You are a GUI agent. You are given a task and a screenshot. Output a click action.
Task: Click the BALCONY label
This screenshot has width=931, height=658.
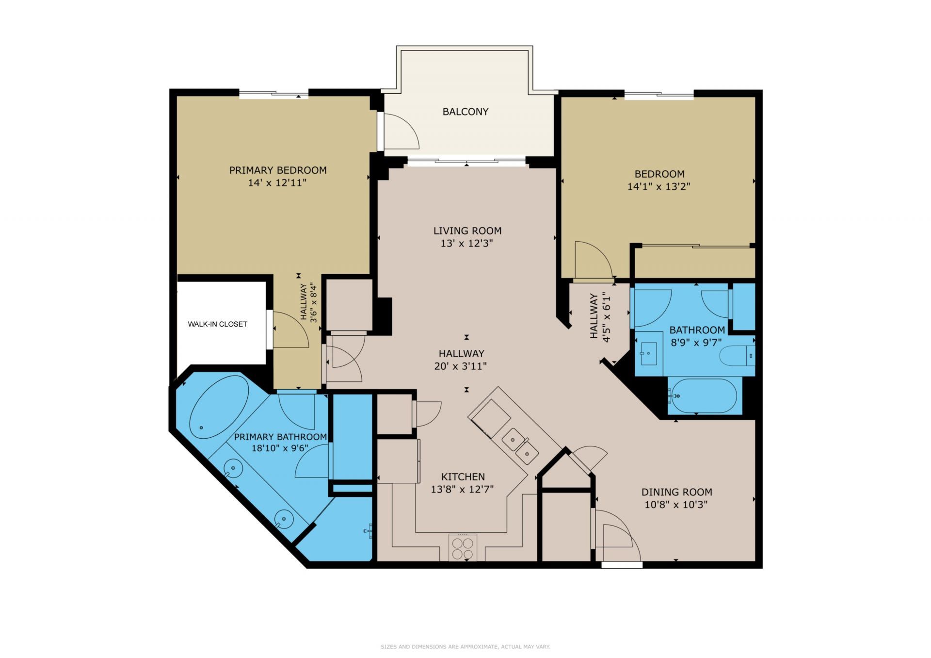(x=465, y=112)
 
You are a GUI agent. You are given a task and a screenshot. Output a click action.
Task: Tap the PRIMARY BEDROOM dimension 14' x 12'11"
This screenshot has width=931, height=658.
(x=277, y=183)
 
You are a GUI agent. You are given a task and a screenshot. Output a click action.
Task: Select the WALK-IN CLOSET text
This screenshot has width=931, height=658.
(x=217, y=324)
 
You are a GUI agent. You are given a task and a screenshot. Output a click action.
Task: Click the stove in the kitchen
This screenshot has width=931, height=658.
(x=462, y=547)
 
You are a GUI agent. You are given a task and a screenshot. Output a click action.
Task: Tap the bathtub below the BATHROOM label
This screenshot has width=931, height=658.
(x=705, y=396)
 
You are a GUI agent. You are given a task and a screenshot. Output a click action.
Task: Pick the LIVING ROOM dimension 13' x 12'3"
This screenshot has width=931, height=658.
(x=466, y=244)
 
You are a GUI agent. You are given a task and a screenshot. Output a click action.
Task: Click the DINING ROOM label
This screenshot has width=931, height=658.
(x=676, y=492)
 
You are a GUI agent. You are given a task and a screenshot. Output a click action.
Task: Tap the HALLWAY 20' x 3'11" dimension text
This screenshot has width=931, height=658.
(x=461, y=366)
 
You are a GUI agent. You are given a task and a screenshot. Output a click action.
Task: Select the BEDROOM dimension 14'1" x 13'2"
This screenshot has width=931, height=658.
(x=658, y=186)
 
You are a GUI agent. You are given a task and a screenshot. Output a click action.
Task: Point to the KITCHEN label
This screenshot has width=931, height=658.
(x=463, y=477)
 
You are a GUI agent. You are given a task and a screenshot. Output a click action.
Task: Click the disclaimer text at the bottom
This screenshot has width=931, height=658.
(x=465, y=647)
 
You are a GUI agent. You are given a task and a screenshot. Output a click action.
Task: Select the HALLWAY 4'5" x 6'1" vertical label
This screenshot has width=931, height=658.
(x=600, y=317)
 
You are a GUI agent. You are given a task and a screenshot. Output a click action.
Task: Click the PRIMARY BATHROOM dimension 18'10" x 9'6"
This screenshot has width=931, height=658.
(x=280, y=448)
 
